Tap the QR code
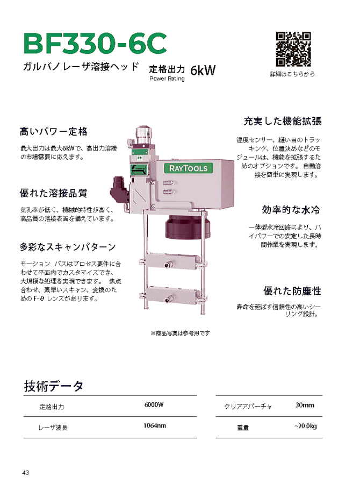pos(293,49)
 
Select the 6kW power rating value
pos(203,70)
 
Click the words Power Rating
pos(167,79)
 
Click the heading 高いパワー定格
pos(53,131)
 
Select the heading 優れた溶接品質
pos(53,193)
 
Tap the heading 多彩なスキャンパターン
pos(68,247)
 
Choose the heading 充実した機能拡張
pos(283,120)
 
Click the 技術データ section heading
pos(54,386)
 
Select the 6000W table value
pos(154,405)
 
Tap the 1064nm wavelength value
pos(154,426)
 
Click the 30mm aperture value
pos(305,405)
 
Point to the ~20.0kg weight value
pos(305,427)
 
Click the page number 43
pos(26,473)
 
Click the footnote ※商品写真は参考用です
pos(180,333)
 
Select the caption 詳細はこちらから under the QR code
pos(292,74)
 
